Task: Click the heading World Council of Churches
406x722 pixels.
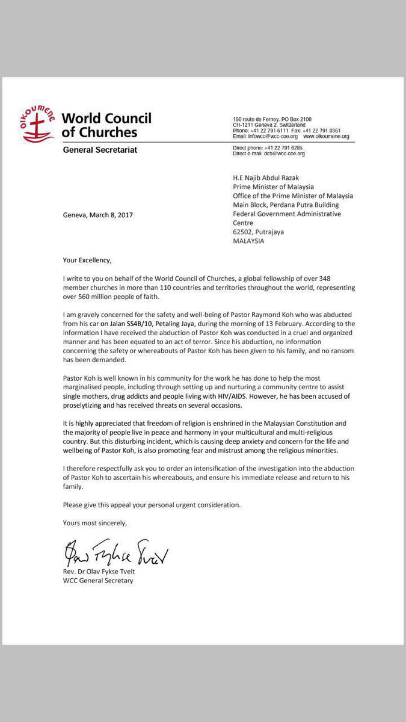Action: (106, 125)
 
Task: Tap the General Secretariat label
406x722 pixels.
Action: (100, 150)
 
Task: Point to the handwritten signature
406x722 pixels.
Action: (113, 551)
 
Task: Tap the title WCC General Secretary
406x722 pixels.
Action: (98, 581)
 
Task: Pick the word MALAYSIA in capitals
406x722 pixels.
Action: (248, 241)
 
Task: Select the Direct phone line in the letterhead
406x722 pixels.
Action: (268, 147)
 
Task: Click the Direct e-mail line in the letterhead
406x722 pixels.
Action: (269, 154)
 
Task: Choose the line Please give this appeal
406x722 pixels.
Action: (152, 505)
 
